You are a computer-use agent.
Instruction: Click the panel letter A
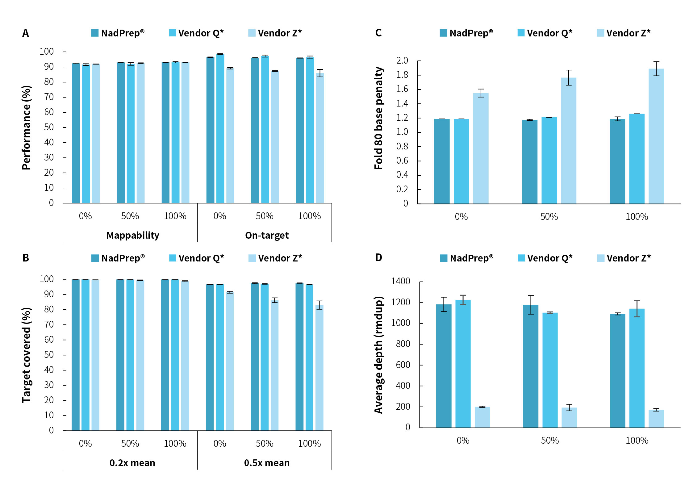tap(26, 33)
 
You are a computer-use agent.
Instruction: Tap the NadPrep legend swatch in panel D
tap(444, 258)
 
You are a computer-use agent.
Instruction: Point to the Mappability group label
tap(133, 235)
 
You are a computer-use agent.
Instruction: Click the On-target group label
tap(267, 235)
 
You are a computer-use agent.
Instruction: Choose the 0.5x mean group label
tap(267, 463)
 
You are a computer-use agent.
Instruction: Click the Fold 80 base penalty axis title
tap(379, 118)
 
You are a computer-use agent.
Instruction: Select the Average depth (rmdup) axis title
tap(379, 355)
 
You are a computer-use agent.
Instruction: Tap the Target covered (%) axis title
tap(27, 355)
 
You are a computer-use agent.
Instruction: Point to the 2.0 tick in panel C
tap(402, 61)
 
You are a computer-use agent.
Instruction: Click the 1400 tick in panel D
tap(400, 281)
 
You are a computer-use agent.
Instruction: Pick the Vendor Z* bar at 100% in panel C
tap(656, 136)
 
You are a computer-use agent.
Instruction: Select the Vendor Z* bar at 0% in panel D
tap(482, 417)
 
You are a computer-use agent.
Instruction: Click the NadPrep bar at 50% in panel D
tap(531, 366)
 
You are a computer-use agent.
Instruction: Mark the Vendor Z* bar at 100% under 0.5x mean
tap(319, 367)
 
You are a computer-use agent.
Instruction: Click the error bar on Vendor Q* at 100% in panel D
tap(637, 309)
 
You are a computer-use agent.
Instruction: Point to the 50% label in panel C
tap(549, 217)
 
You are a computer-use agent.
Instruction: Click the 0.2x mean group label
tap(132, 463)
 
